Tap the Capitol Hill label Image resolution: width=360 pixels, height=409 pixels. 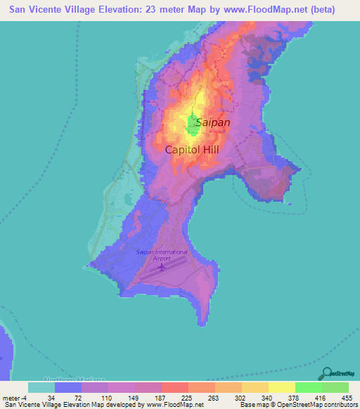(x=197, y=150)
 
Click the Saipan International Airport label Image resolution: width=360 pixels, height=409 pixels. (x=162, y=255)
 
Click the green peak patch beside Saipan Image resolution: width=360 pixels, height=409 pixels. (x=192, y=126)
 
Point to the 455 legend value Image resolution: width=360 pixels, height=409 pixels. (x=347, y=398)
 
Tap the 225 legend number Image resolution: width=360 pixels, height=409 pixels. (x=187, y=398)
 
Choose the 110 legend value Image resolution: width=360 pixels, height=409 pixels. (x=108, y=398)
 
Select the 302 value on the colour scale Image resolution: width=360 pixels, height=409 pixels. (x=240, y=398)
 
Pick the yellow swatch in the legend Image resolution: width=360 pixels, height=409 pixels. (x=281, y=387)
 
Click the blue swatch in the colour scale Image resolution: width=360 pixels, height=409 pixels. (x=68, y=387)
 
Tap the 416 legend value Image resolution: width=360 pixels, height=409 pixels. (x=321, y=398)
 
